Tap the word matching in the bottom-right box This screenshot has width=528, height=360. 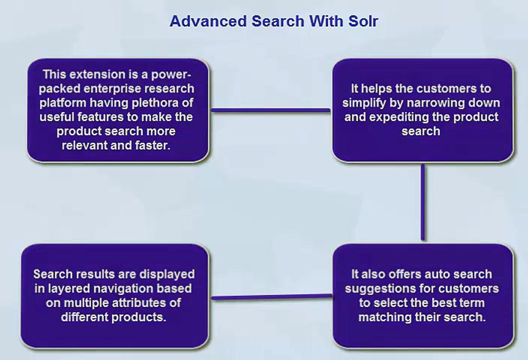[x=382, y=317]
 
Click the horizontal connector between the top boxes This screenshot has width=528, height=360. [x=270, y=110]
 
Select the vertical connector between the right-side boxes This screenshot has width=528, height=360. [x=423, y=202]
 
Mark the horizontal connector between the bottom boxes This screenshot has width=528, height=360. [x=271, y=297]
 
